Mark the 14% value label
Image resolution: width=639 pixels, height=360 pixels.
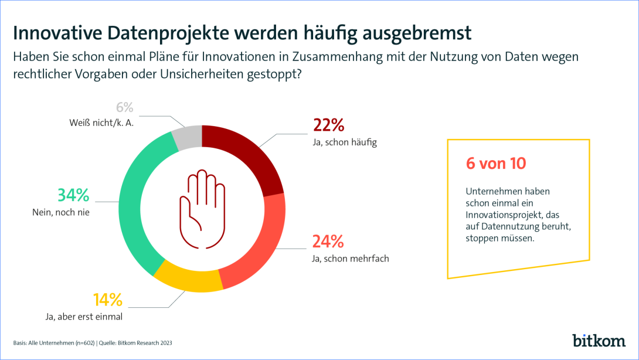point(108,300)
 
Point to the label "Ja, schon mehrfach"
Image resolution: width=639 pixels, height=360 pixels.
point(351,258)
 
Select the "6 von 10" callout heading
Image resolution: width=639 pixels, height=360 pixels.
point(496,164)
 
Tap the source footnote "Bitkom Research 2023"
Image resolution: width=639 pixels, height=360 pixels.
point(145,343)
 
